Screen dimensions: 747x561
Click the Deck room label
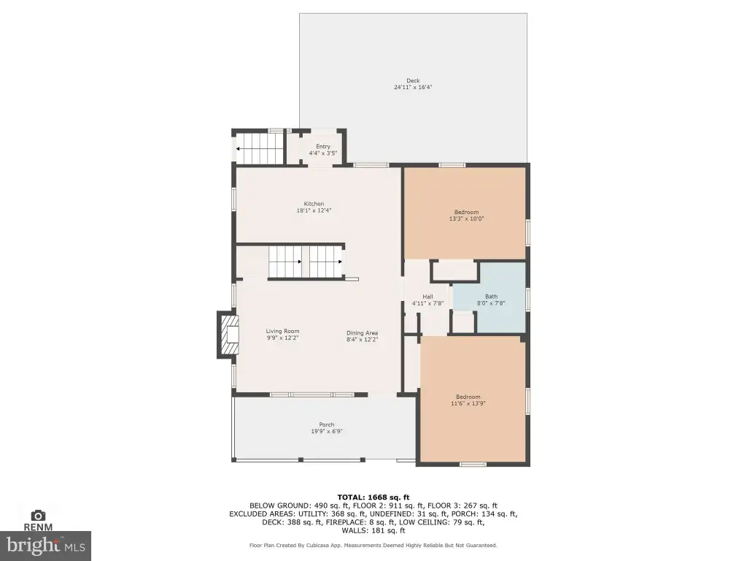(413, 80)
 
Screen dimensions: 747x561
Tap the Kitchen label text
(314, 204)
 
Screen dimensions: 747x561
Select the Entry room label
(323, 146)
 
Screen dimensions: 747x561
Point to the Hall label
(427, 297)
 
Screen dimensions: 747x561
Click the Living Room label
(282, 331)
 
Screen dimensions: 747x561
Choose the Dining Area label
(362, 333)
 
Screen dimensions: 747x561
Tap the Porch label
(327, 424)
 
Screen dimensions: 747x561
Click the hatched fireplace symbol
(228, 334)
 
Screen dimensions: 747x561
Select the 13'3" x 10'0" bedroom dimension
(466, 219)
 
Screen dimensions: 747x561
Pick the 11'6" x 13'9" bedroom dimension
(468, 403)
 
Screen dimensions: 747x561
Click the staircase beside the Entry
(260, 148)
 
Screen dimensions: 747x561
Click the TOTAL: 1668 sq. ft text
(373, 497)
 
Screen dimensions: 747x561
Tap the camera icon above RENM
(38, 515)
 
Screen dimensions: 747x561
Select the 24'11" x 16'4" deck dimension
(413, 88)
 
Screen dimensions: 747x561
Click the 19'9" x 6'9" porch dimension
(327, 431)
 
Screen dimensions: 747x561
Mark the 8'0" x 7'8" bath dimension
(491, 303)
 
